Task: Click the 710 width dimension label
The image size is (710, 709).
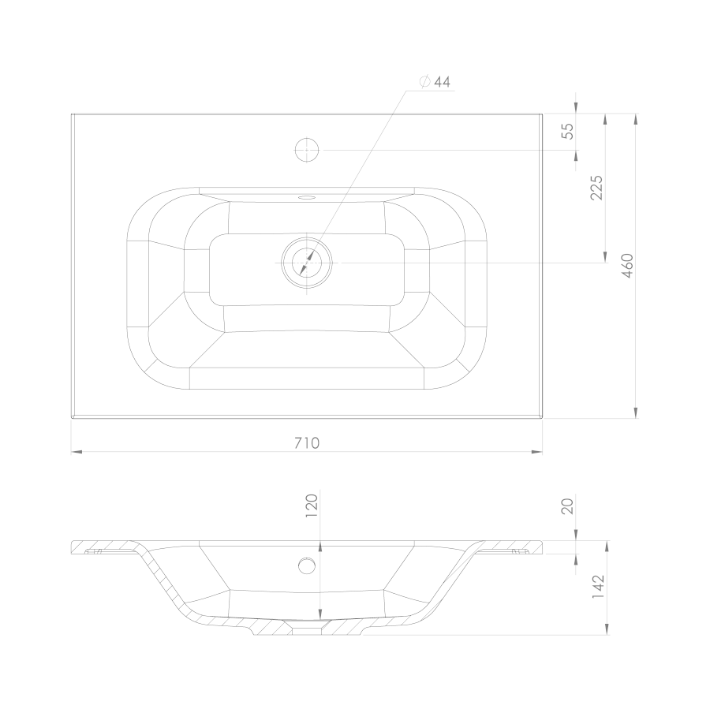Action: pyautogui.click(x=307, y=442)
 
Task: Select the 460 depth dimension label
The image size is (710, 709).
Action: pyautogui.click(x=628, y=266)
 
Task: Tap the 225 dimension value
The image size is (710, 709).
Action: pyautogui.click(x=597, y=188)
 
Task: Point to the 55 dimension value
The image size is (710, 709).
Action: pyautogui.click(x=567, y=131)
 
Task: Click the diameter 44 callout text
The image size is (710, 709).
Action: pyautogui.click(x=435, y=82)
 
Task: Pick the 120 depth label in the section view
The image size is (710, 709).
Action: pyautogui.click(x=312, y=506)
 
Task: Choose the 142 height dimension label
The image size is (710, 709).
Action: pyautogui.click(x=598, y=587)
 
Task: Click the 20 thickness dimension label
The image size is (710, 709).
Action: pyautogui.click(x=567, y=506)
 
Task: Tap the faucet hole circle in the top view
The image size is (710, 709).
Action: pyautogui.click(x=307, y=150)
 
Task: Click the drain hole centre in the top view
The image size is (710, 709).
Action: pyautogui.click(x=307, y=263)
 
